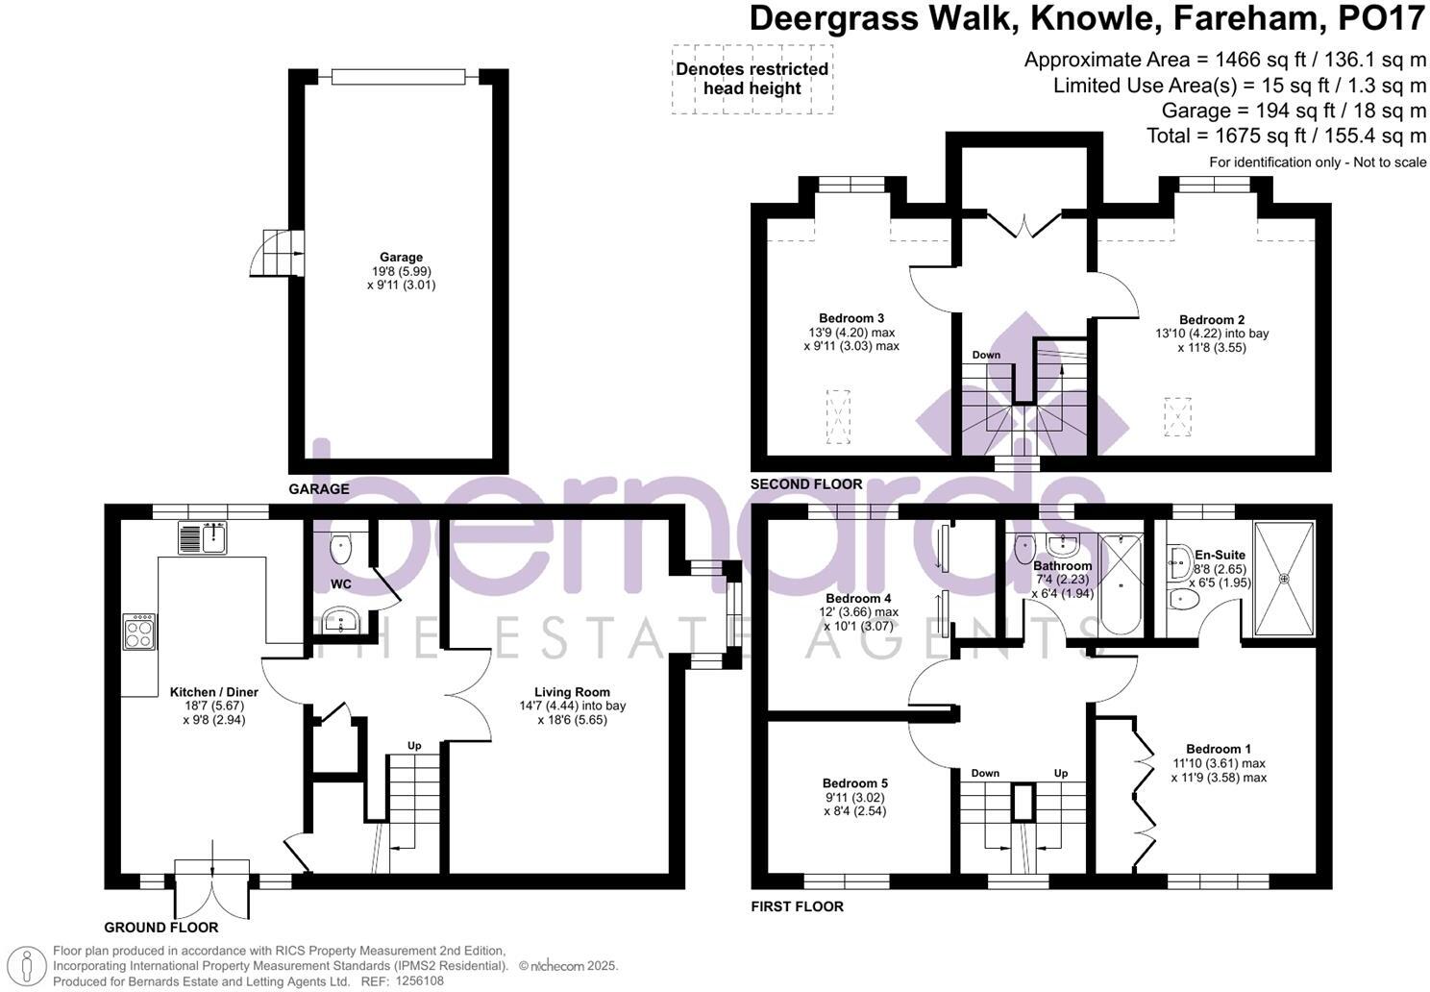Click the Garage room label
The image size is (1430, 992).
pyautogui.click(x=401, y=257)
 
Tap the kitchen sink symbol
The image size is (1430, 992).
pyautogui.click(x=202, y=537)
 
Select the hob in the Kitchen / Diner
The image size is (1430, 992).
pyautogui.click(x=139, y=632)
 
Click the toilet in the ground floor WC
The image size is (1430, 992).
pyautogui.click(x=341, y=549)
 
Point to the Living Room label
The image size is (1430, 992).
pyautogui.click(x=573, y=691)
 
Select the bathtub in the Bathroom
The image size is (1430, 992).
pyautogui.click(x=1119, y=584)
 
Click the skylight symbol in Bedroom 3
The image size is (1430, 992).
pyautogui.click(x=839, y=416)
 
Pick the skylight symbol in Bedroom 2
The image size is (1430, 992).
pyautogui.click(x=1177, y=417)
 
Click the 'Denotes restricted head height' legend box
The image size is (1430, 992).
pyautogui.click(x=752, y=79)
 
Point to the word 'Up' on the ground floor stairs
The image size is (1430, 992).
pyautogui.click(x=414, y=745)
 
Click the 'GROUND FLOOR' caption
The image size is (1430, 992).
pyautogui.click(x=161, y=928)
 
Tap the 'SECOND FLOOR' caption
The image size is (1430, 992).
pyautogui.click(x=806, y=484)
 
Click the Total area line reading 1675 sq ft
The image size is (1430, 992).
pyautogui.click(x=1286, y=136)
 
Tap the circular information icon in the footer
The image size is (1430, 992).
pyautogui.click(x=32, y=964)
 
